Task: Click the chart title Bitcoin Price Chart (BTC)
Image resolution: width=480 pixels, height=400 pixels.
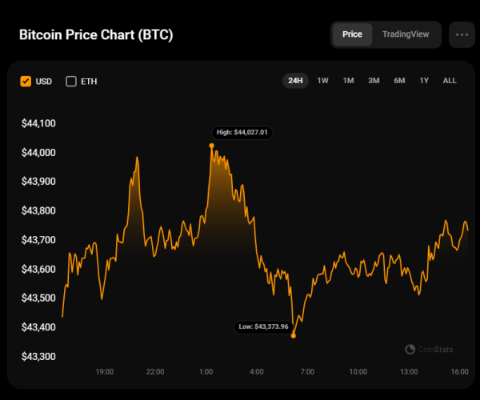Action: [95, 35]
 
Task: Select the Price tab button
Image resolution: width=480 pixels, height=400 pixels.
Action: [352, 34]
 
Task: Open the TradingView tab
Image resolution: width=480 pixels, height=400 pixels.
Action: [406, 34]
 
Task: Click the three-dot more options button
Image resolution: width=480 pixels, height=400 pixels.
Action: [462, 35]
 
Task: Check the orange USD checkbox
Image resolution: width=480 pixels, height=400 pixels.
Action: [26, 81]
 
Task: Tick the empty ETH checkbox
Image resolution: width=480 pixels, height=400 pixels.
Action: [71, 81]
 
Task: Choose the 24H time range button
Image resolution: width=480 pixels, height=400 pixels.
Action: [295, 81]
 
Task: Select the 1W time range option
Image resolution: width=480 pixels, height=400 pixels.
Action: [322, 81]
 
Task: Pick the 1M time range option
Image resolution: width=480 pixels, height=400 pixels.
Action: [348, 81]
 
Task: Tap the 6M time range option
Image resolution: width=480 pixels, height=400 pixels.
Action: [398, 81]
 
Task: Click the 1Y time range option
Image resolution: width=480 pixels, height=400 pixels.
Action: [424, 81]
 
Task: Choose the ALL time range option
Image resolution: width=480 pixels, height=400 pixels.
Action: [450, 81]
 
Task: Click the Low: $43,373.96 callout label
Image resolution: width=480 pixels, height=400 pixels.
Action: [262, 326]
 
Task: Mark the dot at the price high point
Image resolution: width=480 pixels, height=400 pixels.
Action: [211, 146]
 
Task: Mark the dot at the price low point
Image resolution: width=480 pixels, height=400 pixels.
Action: [294, 335]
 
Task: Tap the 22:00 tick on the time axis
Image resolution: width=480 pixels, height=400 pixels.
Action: [155, 372]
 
